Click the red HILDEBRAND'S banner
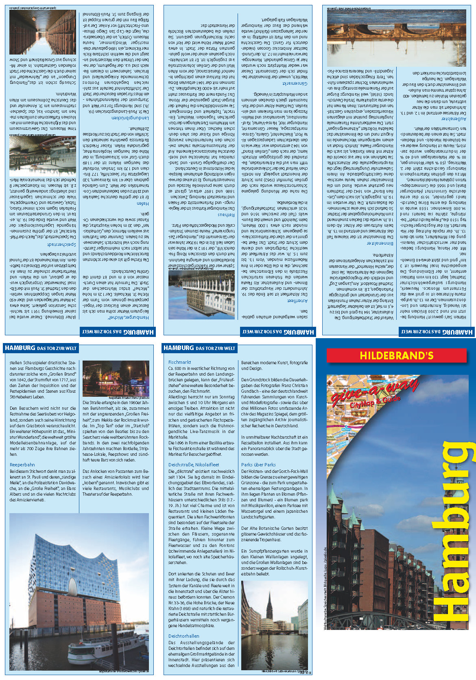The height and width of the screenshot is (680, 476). [396, 356]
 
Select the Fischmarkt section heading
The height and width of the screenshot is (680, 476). [179, 362]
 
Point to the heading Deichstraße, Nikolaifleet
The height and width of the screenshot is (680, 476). [194, 465]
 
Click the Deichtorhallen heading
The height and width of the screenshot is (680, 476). [183, 636]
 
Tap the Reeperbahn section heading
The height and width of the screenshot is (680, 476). [22, 465]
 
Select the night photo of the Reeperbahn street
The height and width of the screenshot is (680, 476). [116, 378]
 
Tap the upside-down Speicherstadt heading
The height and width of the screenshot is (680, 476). [61, 245]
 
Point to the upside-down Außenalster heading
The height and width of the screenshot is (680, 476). [454, 119]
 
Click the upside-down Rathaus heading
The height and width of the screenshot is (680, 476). [226, 214]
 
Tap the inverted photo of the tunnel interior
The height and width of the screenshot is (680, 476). [42, 32]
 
